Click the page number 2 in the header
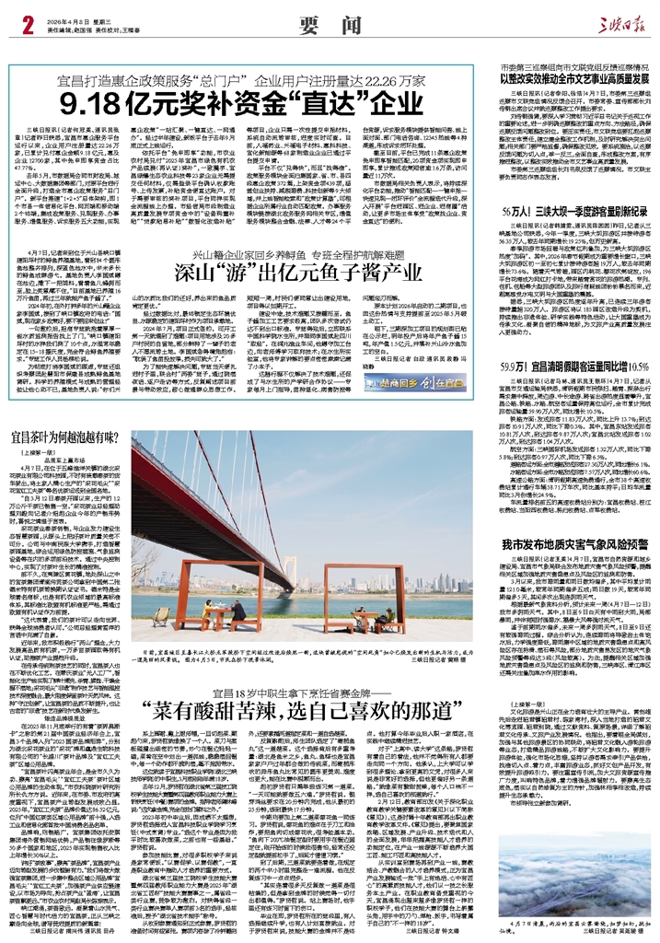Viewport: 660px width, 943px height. (15, 20)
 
